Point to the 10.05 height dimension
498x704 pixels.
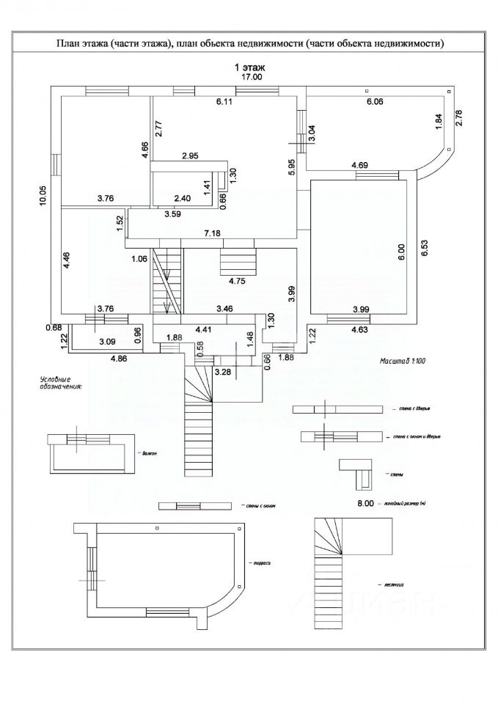(x=44, y=194)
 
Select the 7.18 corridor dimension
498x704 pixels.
(x=213, y=232)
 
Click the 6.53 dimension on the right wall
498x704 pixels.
(x=424, y=248)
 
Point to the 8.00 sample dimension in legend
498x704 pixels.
(x=365, y=504)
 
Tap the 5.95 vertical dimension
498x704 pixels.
(x=291, y=166)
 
